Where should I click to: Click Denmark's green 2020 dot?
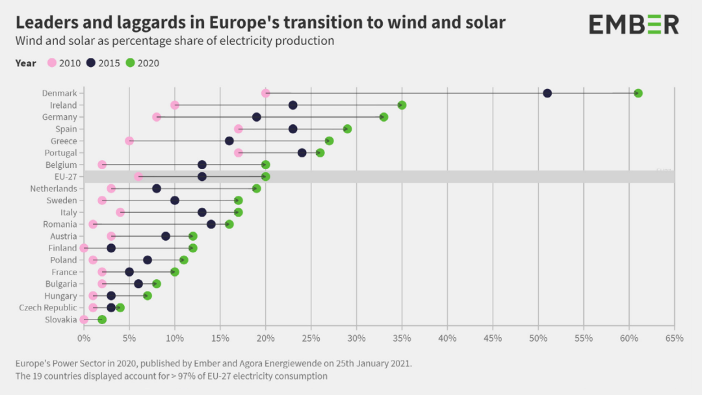click(638, 93)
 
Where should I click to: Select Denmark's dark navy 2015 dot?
click(547, 93)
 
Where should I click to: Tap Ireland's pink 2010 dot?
click(175, 105)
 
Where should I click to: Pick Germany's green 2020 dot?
click(383, 117)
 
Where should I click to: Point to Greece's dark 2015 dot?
click(229, 141)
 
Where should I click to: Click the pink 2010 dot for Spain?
click(239, 129)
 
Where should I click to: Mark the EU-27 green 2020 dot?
click(265, 177)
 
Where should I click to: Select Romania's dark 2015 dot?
click(211, 225)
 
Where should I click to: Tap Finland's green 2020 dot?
click(193, 248)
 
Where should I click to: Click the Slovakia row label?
click(60, 320)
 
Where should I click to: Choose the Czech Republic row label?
click(47, 308)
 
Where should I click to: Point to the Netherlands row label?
click(53, 189)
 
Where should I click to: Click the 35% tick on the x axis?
click(402, 338)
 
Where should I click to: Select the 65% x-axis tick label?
click(674, 338)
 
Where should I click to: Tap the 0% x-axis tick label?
click(83, 338)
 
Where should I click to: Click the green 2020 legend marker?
click(130, 63)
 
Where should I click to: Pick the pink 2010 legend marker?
click(52, 63)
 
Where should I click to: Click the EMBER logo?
click(634, 25)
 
